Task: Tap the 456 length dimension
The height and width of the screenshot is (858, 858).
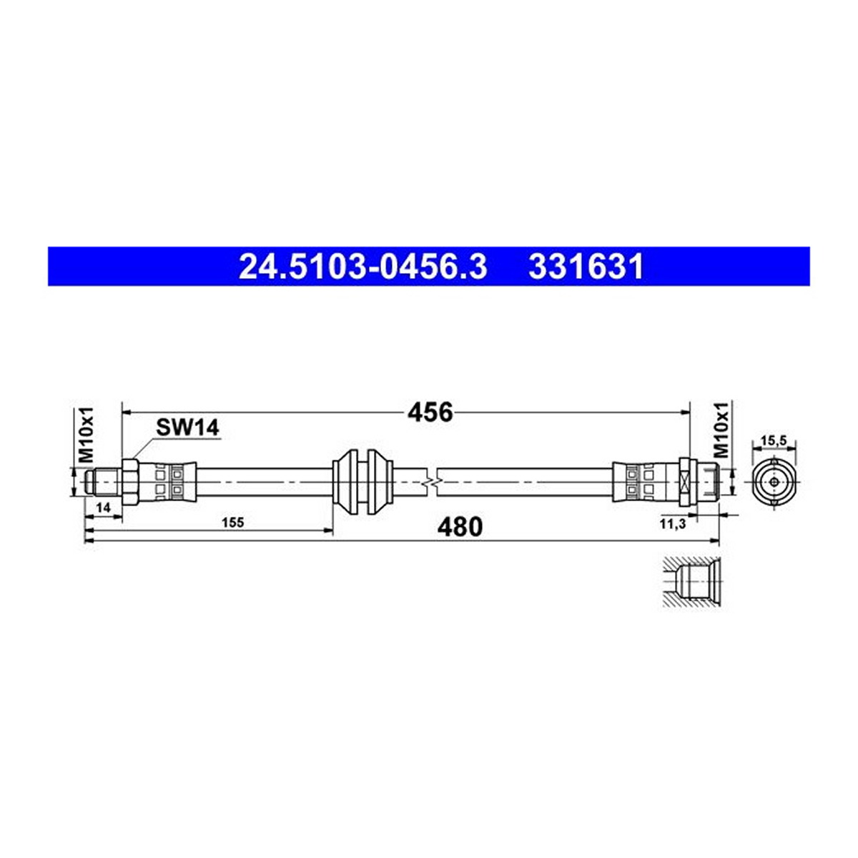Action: pyautogui.click(x=430, y=413)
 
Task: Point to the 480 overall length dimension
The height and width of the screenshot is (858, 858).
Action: pyautogui.click(x=460, y=527)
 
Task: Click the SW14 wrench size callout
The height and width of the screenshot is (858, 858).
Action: pyautogui.click(x=187, y=428)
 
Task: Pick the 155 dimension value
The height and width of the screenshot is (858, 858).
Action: pyautogui.click(x=233, y=522)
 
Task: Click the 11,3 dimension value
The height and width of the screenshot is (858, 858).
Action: pyautogui.click(x=673, y=525)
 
